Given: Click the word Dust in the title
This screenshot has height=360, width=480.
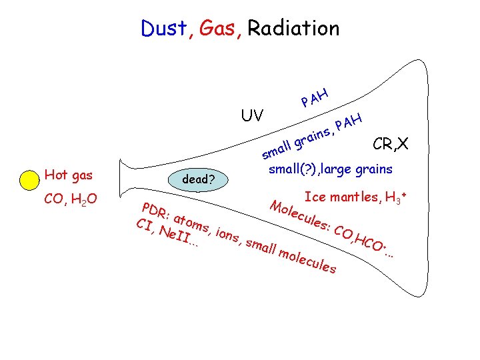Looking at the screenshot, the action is [x=164, y=28].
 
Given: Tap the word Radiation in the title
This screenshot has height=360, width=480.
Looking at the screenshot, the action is [x=293, y=28].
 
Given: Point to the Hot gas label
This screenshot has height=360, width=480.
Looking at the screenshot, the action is [x=68, y=175].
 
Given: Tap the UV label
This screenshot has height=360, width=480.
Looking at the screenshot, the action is [x=252, y=115].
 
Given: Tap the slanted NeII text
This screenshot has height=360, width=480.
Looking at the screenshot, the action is [x=175, y=236].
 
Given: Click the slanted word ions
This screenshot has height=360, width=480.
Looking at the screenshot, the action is [x=227, y=236].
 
